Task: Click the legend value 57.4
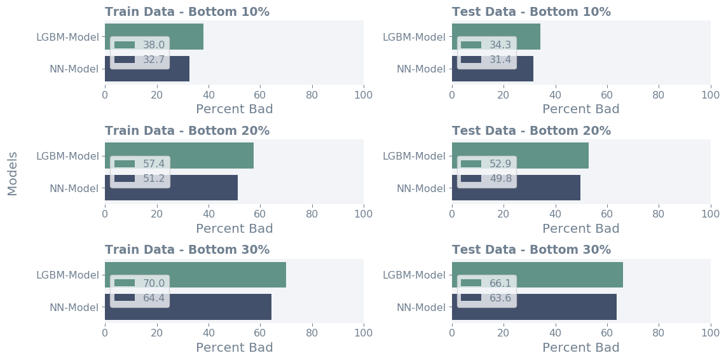pyautogui.click(x=154, y=163)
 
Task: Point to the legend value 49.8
pyautogui.click(x=501, y=179)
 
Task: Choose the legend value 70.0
pyautogui.click(x=154, y=282)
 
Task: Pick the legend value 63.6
pyautogui.click(x=501, y=298)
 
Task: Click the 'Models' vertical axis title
pyautogui.click(x=12, y=173)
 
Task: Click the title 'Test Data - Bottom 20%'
pyautogui.click(x=531, y=130)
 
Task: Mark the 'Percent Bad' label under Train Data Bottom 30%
pyautogui.click(x=235, y=347)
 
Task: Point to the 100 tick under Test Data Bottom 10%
pyautogui.click(x=710, y=95)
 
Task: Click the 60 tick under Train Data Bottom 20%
pyautogui.click(x=260, y=214)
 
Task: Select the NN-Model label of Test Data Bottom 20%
pyautogui.click(x=421, y=188)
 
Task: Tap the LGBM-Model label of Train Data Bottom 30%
pyautogui.click(x=68, y=275)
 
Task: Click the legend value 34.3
pyautogui.click(x=501, y=45)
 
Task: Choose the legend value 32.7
pyautogui.click(x=154, y=60)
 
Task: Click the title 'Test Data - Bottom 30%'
pyautogui.click(x=531, y=249)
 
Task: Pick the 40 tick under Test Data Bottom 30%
pyautogui.click(x=555, y=333)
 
